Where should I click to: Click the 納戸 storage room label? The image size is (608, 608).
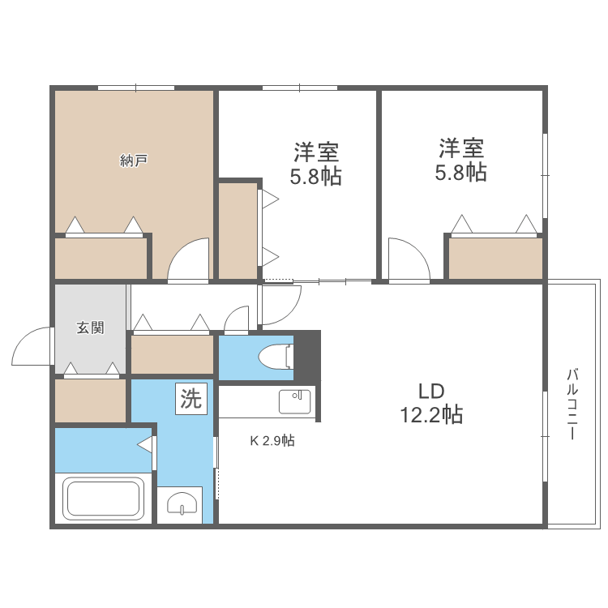point(133,161)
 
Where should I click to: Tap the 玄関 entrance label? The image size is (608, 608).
point(90,328)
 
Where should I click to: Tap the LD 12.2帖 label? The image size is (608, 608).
point(430,403)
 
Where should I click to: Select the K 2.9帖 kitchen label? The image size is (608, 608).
point(272,442)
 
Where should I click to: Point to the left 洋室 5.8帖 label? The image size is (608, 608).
point(316,164)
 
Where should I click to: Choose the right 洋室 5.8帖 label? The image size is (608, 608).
point(462,161)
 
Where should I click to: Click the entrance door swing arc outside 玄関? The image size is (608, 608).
point(31,345)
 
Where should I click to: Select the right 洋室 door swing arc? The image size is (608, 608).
point(407,259)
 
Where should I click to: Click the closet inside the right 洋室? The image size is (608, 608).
point(495,258)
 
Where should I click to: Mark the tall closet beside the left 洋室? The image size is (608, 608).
point(238,231)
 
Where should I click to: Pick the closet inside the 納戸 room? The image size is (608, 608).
point(101,258)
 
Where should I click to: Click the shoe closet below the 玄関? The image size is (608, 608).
point(90,400)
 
